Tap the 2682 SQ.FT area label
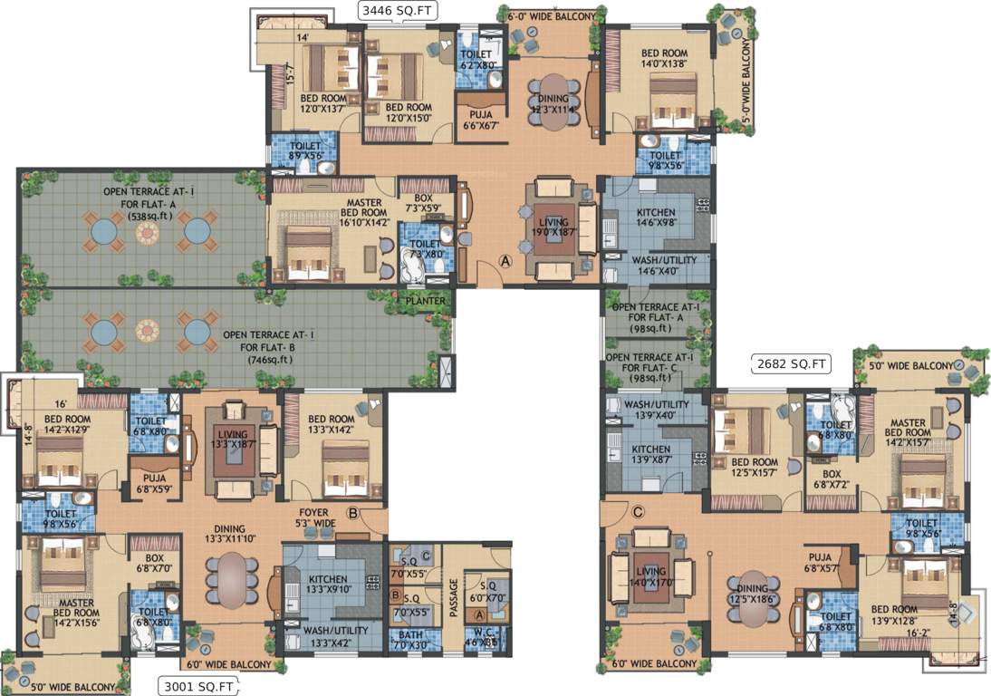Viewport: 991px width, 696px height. pos(792,364)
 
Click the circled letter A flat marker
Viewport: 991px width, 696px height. pos(506,260)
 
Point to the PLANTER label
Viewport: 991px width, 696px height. pos(425,301)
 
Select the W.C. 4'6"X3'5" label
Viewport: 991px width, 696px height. pos(480,641)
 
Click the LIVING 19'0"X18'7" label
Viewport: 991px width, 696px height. pos(553,227)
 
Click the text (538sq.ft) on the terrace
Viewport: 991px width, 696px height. pos(146,205)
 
